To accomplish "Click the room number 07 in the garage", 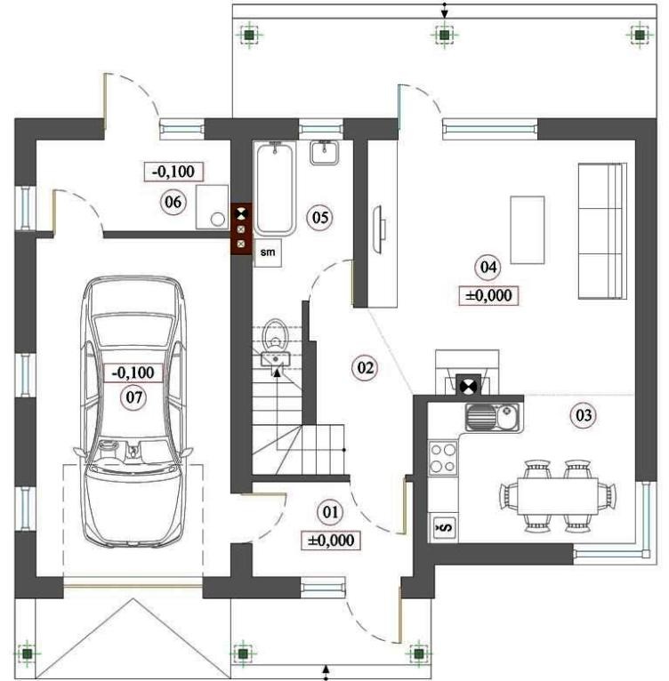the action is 133,397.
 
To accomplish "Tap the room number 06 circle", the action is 173,202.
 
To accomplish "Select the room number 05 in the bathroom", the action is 320,217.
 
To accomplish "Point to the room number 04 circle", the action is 488,267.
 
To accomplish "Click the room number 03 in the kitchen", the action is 584,415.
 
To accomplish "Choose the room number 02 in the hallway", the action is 365,368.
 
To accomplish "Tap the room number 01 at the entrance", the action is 330,512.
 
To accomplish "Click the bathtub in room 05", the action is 275,188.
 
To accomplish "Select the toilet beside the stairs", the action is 275,333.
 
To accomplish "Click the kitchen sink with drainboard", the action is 493,416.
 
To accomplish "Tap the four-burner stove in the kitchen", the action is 443,458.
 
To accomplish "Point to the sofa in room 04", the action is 602,231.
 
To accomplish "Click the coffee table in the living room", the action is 528,229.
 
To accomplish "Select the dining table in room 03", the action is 558,496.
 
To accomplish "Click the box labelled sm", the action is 268,252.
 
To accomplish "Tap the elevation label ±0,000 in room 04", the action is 488,296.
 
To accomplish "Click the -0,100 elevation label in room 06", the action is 173,171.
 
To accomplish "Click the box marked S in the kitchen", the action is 443,527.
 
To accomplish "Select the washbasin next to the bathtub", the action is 325,153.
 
